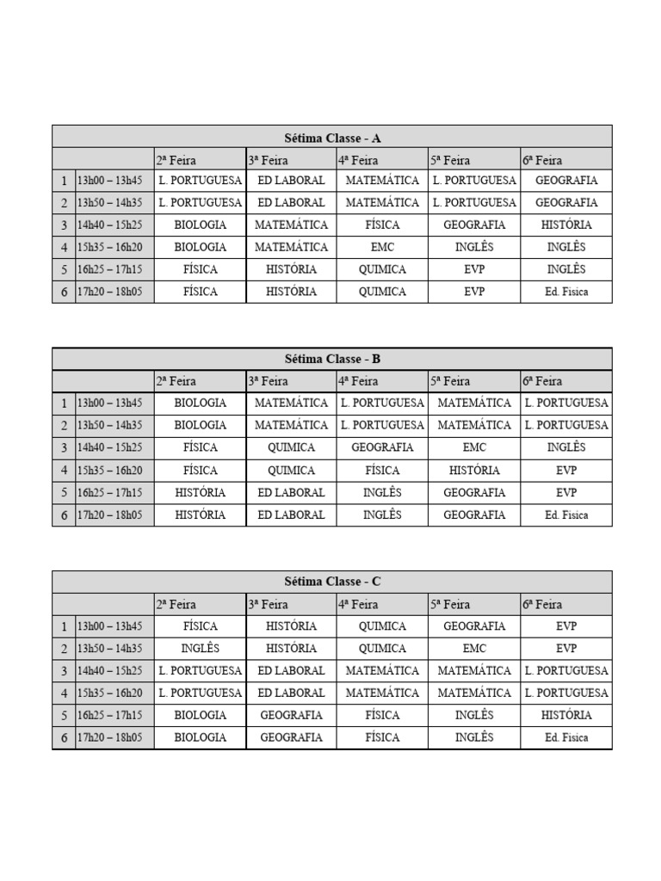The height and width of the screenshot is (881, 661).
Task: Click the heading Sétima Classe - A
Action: (332, 137)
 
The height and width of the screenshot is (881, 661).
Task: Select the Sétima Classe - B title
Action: (332, 359)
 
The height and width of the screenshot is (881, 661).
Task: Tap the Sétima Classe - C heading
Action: (332, 582)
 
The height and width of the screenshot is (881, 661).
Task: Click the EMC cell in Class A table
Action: (382, 247)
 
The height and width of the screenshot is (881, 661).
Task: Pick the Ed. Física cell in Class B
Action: (566, 514)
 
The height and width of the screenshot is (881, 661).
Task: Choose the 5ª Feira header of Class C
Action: (450, 604)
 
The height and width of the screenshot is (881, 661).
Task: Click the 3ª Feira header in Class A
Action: (268, 159)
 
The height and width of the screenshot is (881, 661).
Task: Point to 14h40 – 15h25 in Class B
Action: (110, 447)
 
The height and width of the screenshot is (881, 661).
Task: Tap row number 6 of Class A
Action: (64, 292)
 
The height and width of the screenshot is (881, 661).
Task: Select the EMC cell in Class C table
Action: (474, 649)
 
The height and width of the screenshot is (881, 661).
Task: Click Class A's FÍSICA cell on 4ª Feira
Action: (382, 225)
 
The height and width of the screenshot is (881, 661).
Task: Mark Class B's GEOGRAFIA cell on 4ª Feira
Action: (382, 447)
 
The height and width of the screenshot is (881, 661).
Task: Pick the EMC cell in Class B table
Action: (474, 447)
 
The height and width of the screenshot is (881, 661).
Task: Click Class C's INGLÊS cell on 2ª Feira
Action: (201, 649)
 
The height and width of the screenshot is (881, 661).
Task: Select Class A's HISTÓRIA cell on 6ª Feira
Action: (566, 225)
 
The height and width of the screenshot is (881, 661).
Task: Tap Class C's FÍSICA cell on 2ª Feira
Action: (201, 626)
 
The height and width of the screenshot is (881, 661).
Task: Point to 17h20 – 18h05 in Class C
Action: (110, 737)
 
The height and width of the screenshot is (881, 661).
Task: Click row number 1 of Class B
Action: (64, 403)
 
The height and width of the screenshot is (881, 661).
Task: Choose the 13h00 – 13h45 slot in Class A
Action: (110, 181)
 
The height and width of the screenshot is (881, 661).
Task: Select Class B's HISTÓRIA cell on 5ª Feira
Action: (474, 470)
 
